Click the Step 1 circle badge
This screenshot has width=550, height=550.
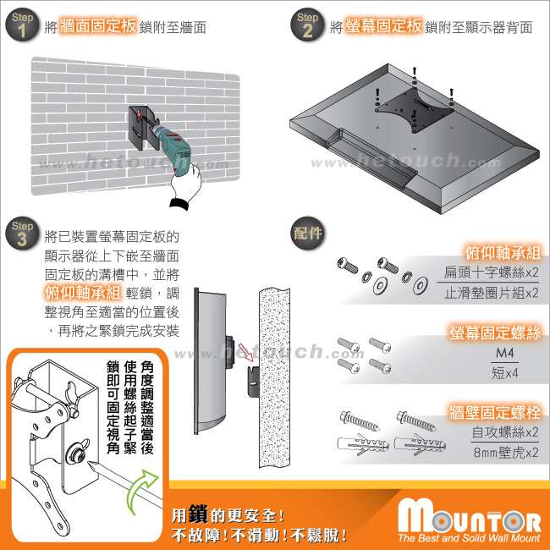coord(22,25)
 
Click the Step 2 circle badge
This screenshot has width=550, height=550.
coord(307,25)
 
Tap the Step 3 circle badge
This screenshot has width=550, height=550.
coord(22,234)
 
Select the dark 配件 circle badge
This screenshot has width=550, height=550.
coord(308,234)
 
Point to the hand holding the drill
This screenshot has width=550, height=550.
coord(186,186)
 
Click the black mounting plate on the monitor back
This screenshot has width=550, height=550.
coord(415,109)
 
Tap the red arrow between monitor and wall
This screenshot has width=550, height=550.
coord(245,351)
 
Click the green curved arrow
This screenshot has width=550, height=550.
coord(140,491)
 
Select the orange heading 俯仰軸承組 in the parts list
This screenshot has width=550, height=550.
coord(503,252)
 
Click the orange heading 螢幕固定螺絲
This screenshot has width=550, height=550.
coord(495,333)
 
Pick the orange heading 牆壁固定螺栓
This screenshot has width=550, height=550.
coord(495,412)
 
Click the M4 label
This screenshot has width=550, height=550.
coord(504,353)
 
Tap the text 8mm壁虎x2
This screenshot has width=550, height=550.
coord(505,453)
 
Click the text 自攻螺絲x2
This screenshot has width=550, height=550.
coord(504,432)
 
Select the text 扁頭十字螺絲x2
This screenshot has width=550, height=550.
coord(491,272)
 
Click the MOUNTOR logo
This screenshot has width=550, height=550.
coord(470,515)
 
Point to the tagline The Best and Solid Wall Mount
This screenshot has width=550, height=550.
coord(469,538)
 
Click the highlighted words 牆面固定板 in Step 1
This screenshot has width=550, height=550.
coord(98,26)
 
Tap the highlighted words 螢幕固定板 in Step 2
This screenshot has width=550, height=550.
coord(383,26)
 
